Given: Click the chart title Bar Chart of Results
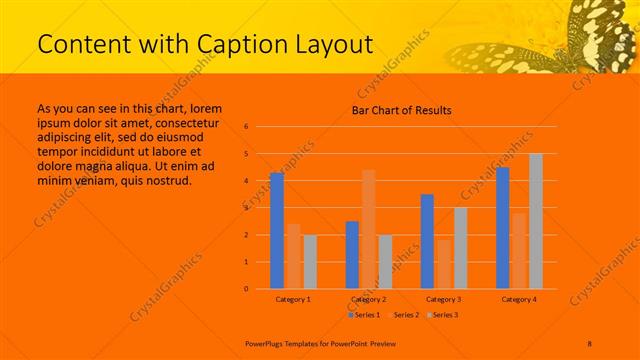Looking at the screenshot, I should tap(401, 110).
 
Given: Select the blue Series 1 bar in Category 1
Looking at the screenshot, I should tap(277, 231).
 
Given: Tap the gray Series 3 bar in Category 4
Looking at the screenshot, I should tap(536, 221).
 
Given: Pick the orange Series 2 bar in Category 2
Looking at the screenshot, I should tap(369, 229).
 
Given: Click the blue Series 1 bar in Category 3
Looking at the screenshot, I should tap(427, 241).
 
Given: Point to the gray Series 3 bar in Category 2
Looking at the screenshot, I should tap(385, 262).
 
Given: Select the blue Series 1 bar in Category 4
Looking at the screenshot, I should tap(503, 228).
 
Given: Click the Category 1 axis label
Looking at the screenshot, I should tap(293, 299).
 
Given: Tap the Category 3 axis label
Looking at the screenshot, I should tap(443, 299).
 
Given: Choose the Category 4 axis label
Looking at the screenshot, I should tap(519, 299).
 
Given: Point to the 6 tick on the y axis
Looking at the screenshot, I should tap(246, 127).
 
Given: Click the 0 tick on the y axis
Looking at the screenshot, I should tap(246, 289).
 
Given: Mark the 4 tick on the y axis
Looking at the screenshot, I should tap(246, 181).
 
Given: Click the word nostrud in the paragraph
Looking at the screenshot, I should tap(167, 181).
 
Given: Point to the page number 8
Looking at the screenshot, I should tap(590, 342).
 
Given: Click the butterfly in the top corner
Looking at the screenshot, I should tap(585, 40).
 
